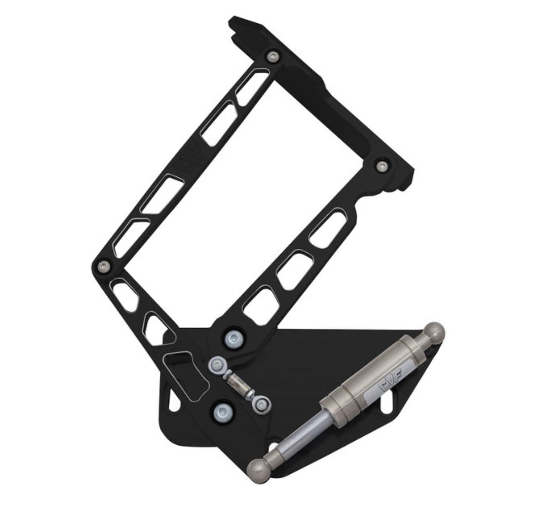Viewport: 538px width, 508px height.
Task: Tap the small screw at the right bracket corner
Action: click(381, 166)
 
